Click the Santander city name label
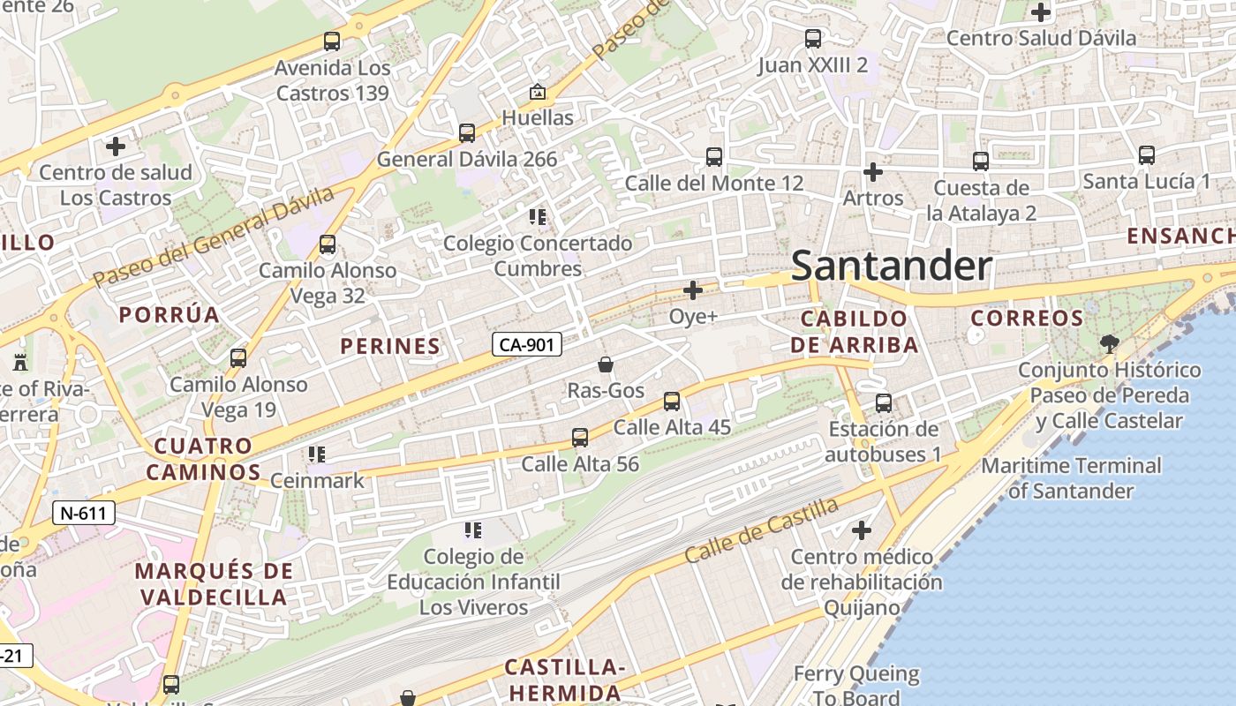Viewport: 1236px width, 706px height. coord(891,266)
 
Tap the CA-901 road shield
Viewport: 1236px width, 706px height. coord(526,344)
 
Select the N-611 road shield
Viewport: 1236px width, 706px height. coord(84,512)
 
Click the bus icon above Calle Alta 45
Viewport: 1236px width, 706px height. coord(672,402)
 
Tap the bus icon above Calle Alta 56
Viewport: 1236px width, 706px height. coord(580,438)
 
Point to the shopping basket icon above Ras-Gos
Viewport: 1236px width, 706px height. coord(606,364)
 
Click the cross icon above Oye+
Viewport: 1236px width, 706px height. coord(693,289)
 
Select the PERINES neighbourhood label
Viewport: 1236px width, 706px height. coord(390,347)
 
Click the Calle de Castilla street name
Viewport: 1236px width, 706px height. coord(762,529)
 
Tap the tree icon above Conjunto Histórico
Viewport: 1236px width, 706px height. coord(1109,343)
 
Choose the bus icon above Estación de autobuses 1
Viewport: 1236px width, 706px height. coord(884,403)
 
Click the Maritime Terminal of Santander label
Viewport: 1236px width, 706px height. coord(1071,477)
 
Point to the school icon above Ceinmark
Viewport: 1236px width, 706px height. coord(317,454)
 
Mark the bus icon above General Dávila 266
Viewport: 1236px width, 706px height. coord(467,133)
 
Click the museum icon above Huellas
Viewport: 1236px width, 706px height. coord(537,92)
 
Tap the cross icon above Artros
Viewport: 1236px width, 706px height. coord(873,171)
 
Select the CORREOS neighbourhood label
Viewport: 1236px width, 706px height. coord(1027,319)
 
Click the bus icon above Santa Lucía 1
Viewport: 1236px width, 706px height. coord(1147,155)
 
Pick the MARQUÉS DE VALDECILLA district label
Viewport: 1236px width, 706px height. coord(213,583)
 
